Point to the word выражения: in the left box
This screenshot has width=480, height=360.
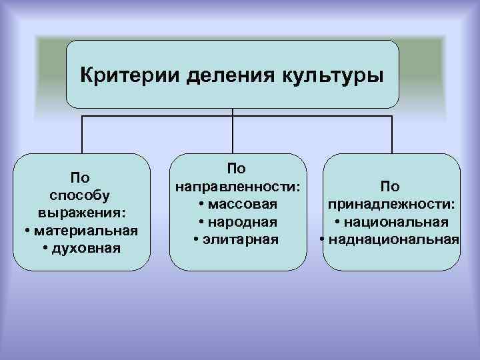(x=80, y=213)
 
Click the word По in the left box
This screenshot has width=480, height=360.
(x=80, y=177)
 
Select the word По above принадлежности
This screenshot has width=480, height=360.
(x=391, y=187)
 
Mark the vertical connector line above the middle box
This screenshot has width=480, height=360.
(x=232, y=133)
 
